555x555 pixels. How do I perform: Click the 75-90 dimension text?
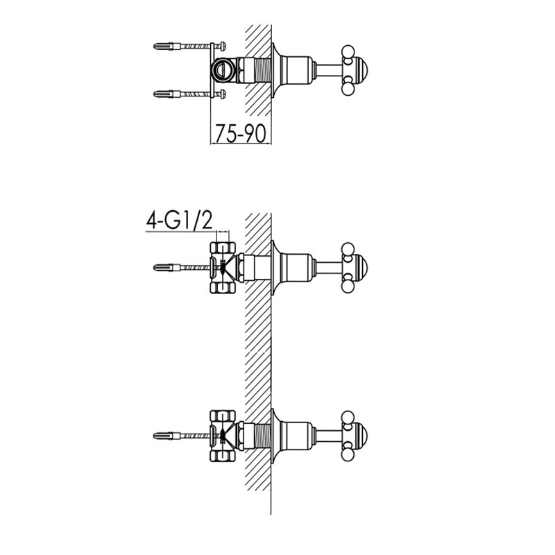pos(240,133)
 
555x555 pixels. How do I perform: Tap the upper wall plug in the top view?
pos(167,46)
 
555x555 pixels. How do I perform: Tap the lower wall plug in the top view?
pos(167,94)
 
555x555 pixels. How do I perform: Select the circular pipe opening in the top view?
pos(223,69)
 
